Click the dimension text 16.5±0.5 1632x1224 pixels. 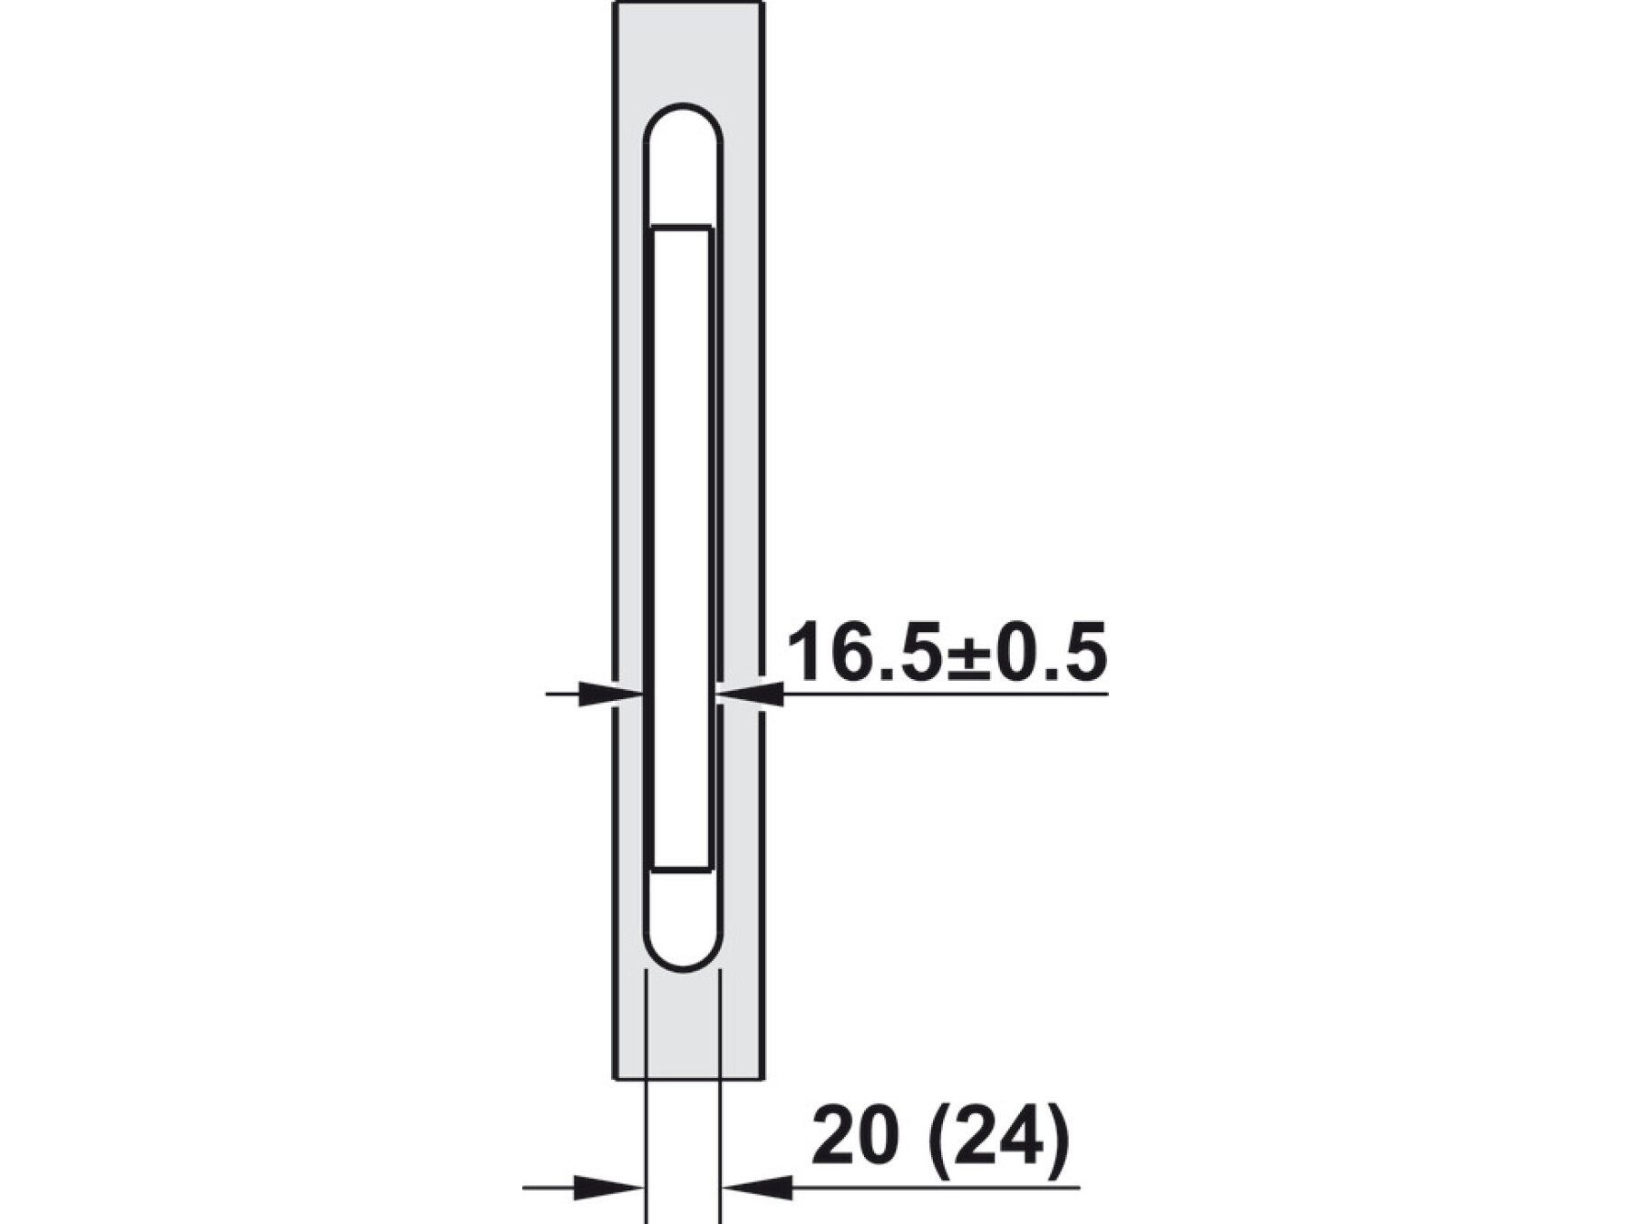947,653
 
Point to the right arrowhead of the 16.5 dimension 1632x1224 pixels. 750,694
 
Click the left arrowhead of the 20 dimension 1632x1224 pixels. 609,1187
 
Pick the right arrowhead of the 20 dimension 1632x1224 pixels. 756,1187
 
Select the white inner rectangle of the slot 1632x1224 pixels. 681,549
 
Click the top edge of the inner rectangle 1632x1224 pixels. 681,227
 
